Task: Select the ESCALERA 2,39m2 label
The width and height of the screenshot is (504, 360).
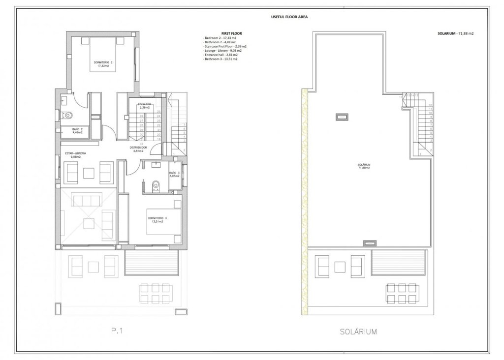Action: (145, 105)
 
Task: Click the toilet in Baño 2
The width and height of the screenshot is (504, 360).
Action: (68, 116)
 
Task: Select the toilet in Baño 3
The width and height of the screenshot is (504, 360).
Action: (157, 184)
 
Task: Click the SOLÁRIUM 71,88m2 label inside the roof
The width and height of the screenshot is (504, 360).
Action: (364, 166)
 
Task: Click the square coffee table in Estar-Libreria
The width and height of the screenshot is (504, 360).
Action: (89, 173)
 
